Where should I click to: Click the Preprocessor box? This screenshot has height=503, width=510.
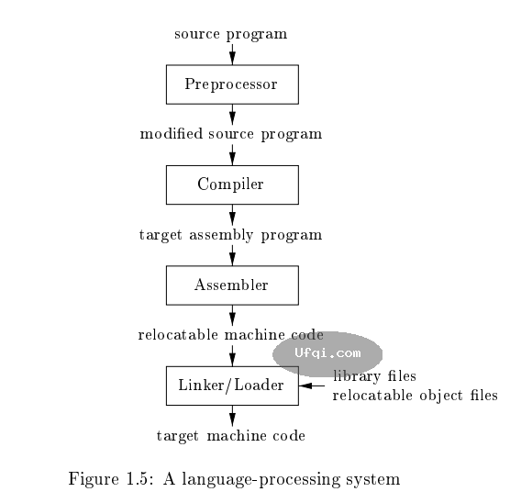(231, 84)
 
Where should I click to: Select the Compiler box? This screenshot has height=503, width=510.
(231, 184)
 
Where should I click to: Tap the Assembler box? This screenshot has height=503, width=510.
(231, 285)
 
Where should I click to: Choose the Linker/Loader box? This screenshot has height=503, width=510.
(231, 386)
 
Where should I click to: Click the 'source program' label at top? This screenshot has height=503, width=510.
(231, 35)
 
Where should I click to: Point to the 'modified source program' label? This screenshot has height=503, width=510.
(231, 134)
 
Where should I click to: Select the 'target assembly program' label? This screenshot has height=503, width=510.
(231, 234)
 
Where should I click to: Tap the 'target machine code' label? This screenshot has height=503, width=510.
(231, 435)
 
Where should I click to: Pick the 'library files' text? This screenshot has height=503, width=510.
(374, 377)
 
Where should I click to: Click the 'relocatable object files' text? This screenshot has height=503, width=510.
(414, 395)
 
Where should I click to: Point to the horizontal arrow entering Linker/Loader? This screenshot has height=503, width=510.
(313, 386)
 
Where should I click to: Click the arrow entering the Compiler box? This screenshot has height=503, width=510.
(231, 154)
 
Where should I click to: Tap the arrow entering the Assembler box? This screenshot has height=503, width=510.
(231, 255)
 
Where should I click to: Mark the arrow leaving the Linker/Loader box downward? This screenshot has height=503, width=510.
(231, 415)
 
